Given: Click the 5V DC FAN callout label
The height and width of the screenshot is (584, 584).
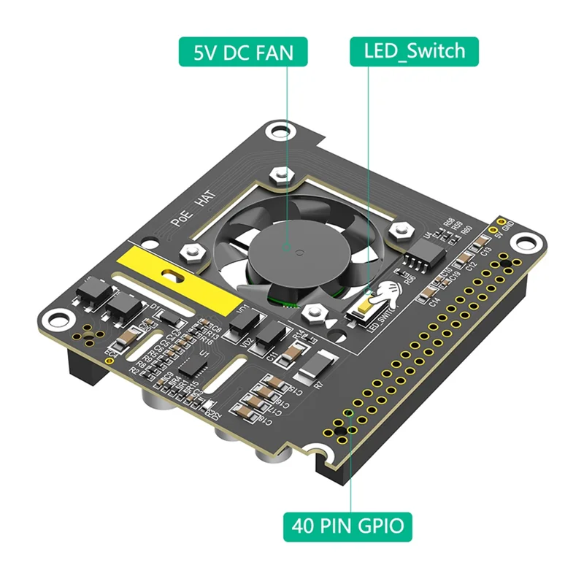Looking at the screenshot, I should [242, 52].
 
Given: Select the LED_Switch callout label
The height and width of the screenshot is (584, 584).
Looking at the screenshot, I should [414, 52].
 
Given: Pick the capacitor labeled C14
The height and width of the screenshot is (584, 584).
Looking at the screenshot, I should [426, 293].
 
